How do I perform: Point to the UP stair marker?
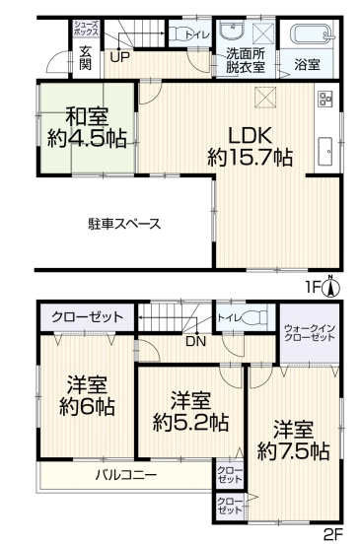(119, 56)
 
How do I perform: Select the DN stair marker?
(195, 341)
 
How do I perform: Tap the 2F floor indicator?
(332, 534)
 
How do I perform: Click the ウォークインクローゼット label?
(309, 331)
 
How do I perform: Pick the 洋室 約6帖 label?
(87, 394)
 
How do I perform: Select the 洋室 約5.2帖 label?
(190, 411)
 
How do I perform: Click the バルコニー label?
(126, 474)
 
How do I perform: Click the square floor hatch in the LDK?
(265, 96)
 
